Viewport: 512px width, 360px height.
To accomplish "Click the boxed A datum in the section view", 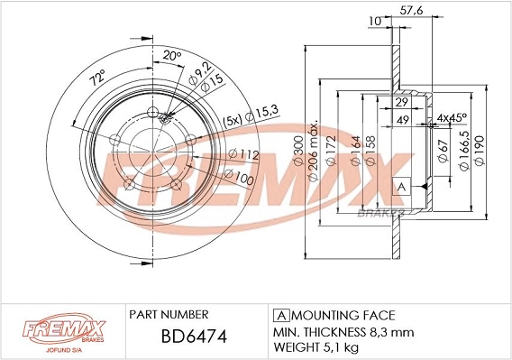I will pos(401,187).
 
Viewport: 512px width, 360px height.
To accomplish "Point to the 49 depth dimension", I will pos(405,119).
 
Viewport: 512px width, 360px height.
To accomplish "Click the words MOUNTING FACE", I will pos(343,315).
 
